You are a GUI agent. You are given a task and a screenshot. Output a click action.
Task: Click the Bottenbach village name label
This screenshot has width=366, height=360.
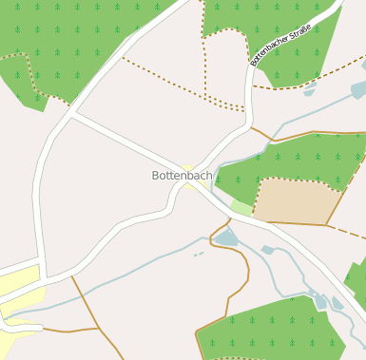(182, 176)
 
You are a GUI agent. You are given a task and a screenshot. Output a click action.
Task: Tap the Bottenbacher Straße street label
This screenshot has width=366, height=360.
(280, 46)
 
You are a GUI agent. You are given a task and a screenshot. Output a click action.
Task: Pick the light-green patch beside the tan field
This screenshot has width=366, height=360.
(241, 206)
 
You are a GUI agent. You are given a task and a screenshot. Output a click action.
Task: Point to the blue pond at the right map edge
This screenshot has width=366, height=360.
(358, 89)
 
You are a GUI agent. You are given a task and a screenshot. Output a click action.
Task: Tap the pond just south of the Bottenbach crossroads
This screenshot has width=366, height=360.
(226, 237)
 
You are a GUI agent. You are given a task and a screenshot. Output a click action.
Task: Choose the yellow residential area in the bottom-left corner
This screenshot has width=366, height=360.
(17, 294)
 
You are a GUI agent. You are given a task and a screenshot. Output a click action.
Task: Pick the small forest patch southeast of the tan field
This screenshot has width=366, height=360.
(356, 275)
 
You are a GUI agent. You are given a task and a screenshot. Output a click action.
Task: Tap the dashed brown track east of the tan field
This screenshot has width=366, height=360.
(346, 229)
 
